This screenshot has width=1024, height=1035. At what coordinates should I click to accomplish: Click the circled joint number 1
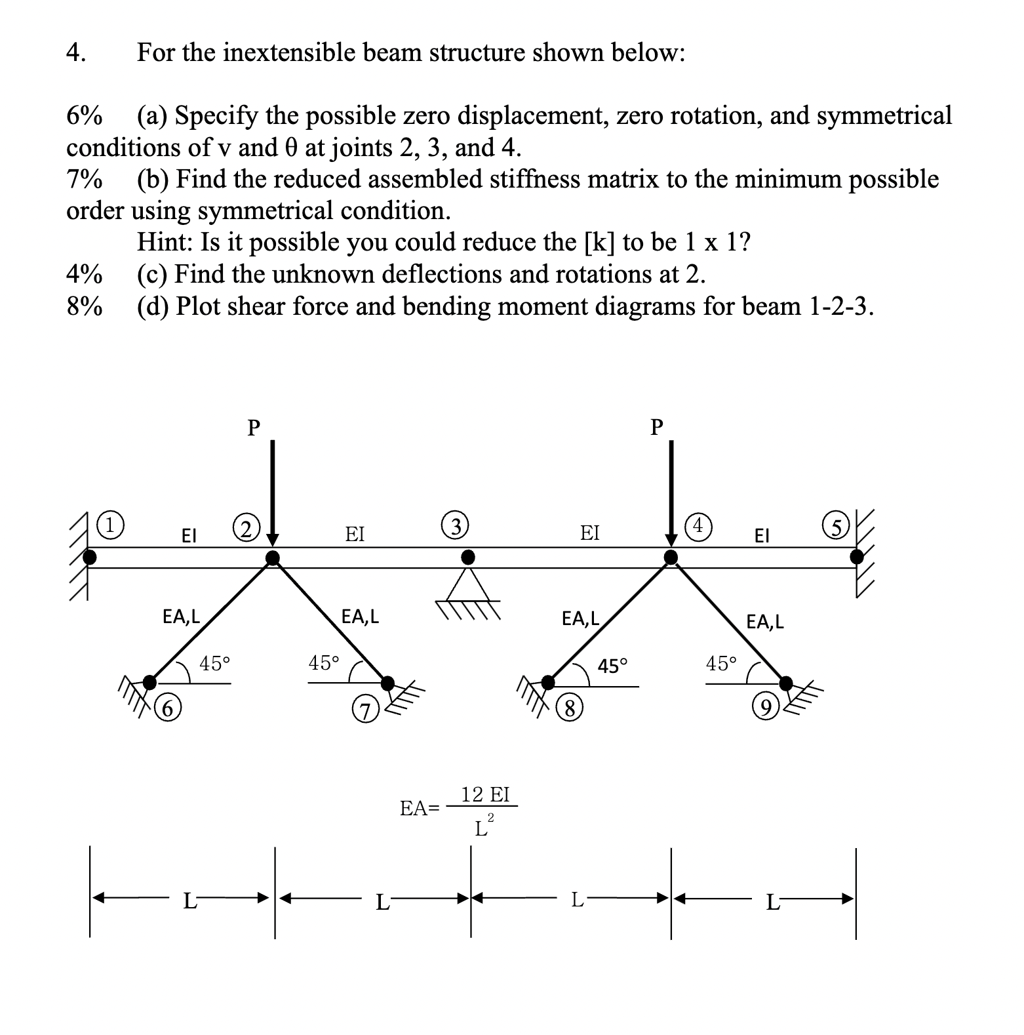click(113, 525)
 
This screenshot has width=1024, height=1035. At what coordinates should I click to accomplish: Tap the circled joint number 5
click(836, 525)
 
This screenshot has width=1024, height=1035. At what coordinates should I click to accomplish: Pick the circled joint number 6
click(170, 708)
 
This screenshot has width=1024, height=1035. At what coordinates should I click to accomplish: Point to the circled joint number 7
click(363, 710)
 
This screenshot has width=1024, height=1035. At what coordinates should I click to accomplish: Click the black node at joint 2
click(272, 558)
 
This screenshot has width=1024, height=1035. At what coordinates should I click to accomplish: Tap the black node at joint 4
click(671, 558)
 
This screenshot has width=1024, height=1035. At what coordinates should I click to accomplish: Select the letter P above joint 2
click(253, 428)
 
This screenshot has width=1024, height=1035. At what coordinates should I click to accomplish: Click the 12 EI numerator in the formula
click(485, 795)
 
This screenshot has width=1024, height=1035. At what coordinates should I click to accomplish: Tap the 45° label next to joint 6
click(214, 663)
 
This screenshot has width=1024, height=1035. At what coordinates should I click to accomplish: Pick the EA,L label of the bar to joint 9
click(765, 620)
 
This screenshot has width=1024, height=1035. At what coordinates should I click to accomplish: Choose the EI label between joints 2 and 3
click(355, 534)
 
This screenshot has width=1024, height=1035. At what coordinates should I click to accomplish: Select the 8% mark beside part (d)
click(85, 307)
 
